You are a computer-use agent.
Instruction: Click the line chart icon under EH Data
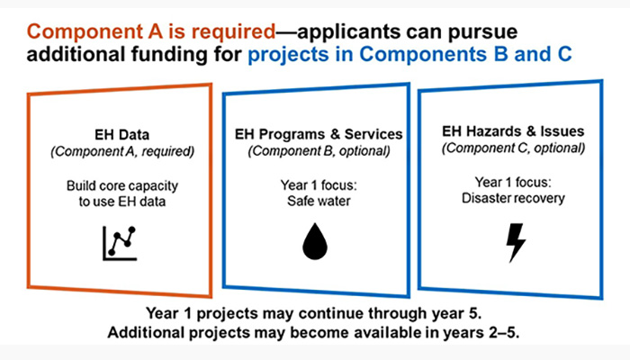click(120, 244)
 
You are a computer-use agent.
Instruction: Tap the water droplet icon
click(315, 241)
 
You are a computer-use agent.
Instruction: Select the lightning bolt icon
click(516, 243)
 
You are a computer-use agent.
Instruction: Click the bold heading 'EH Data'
click(122, 135)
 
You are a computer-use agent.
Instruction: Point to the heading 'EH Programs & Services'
click(319, 134)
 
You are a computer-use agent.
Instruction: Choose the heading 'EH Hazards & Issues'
click(513, 131)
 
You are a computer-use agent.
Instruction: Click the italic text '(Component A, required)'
click(122, 151)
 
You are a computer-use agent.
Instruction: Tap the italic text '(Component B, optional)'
click(319, 151)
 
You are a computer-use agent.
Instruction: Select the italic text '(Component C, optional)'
click(513, 148)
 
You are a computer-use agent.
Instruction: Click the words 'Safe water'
click(319, 201)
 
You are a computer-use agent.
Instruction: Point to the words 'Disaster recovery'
click(513, 198)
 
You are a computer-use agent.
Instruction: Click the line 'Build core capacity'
click(122, 186)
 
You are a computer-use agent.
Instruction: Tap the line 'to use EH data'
click(122, 202)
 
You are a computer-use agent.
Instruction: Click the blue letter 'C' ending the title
click(564, 54)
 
